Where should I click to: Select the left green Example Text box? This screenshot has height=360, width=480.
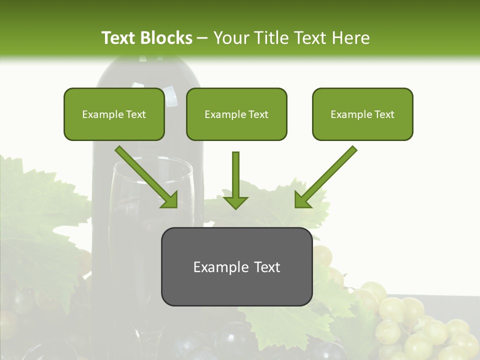(114, 114)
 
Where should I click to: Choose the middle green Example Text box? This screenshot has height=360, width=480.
(236, 114)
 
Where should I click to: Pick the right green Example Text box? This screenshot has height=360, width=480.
(362, 114)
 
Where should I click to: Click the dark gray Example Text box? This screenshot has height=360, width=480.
(236, 266)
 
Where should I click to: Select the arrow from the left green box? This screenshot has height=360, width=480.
(147, 177)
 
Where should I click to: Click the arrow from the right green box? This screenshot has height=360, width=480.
(325, 177)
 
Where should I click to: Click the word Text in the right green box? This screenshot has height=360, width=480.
(384, 114)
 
